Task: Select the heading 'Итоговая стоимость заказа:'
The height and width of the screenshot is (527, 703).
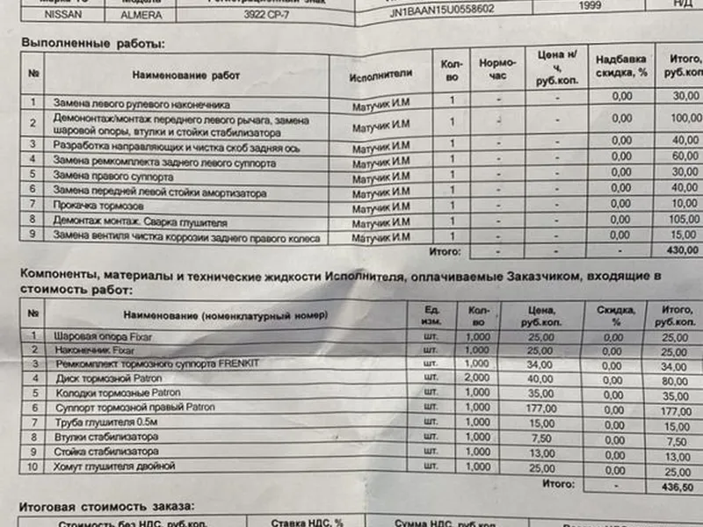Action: coord(106,507)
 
